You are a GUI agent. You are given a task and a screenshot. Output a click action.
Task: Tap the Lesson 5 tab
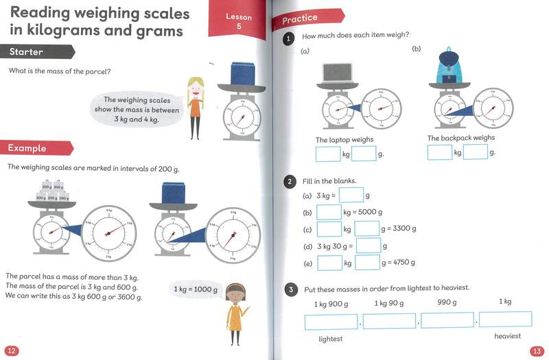[240, 21]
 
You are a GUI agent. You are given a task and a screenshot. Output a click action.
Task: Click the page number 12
[12, 350]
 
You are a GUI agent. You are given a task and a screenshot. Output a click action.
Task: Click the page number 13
[537, 351]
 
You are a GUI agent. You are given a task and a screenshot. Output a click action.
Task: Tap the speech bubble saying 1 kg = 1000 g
[196, 289]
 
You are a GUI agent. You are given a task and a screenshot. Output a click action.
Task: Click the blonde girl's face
[195, 86]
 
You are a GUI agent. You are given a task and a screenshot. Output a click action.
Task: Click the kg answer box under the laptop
[327, 154]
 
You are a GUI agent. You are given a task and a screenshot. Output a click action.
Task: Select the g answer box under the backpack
[475, 152]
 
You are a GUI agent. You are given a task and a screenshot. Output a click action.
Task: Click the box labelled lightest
[331, 320]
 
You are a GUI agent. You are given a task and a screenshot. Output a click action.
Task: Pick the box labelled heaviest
[506, 319]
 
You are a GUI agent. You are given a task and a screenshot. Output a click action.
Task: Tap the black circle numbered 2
[290, 181]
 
